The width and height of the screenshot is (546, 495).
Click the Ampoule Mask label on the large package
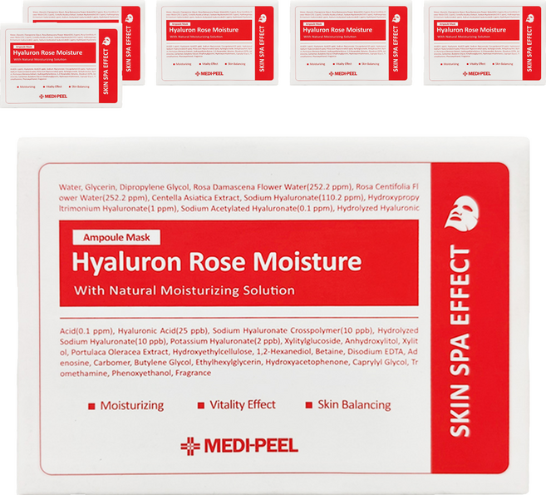coord(111,237)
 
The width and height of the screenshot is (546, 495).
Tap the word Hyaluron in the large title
coord(128,263)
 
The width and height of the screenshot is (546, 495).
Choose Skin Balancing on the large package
coord(353,405)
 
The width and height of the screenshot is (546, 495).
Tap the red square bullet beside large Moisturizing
coord(90,406)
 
